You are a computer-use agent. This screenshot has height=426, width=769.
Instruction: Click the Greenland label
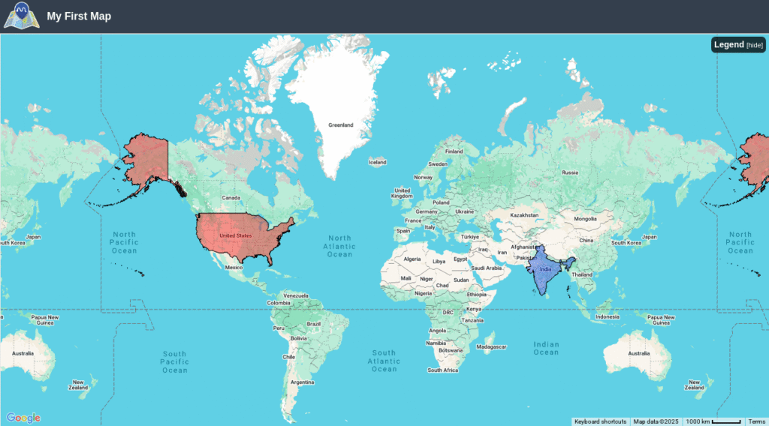(340, 125)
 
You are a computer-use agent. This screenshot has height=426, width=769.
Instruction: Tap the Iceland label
(377, 162)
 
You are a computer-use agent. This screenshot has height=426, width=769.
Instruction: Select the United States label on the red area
(235, 235)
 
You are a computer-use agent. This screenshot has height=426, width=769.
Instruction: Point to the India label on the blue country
(546, 269)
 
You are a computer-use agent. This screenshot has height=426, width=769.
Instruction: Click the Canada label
(230, 198)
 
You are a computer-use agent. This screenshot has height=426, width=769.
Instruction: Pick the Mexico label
(234, 267)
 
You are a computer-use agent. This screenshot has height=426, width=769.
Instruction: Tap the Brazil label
(314, 324)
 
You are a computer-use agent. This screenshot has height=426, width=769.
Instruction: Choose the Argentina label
(302, 382)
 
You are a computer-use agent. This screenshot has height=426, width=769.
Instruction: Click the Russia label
(570, 172)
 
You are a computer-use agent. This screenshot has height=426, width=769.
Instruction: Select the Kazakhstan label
(525, 214)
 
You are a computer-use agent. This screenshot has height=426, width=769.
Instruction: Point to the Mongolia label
(584, 219)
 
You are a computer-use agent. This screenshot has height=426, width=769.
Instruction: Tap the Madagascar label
(492, 346)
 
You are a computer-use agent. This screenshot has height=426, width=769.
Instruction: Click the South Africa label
(442, 370)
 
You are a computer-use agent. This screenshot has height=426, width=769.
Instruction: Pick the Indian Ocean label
(546, 348)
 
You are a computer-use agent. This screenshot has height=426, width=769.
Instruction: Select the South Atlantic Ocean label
(384, 361)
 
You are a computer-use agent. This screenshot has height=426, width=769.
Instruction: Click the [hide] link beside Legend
(755, 45)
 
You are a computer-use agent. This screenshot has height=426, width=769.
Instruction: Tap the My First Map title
(79, 16)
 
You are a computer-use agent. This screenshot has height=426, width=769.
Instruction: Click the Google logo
(23, 418)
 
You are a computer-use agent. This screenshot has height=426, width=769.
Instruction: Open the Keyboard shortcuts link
(600, 421)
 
